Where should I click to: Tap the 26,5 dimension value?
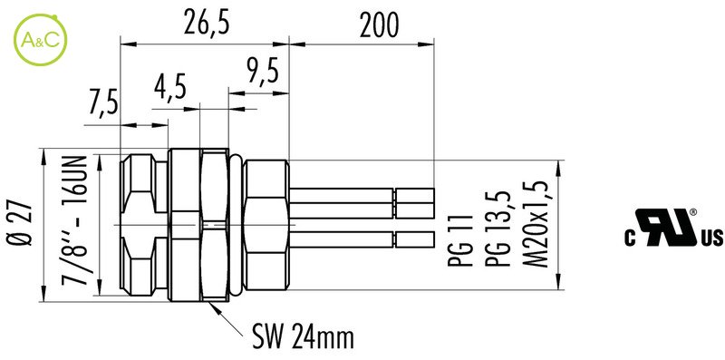click(x=207, y=24)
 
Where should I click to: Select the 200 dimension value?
click(x=379, y=25)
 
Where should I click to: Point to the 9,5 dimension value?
click(x=263, y=73)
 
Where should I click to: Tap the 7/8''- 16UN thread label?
click(x=76, y=220)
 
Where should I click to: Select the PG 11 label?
click(x=461, y=240)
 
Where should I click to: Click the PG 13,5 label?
click(x=498, y=229)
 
